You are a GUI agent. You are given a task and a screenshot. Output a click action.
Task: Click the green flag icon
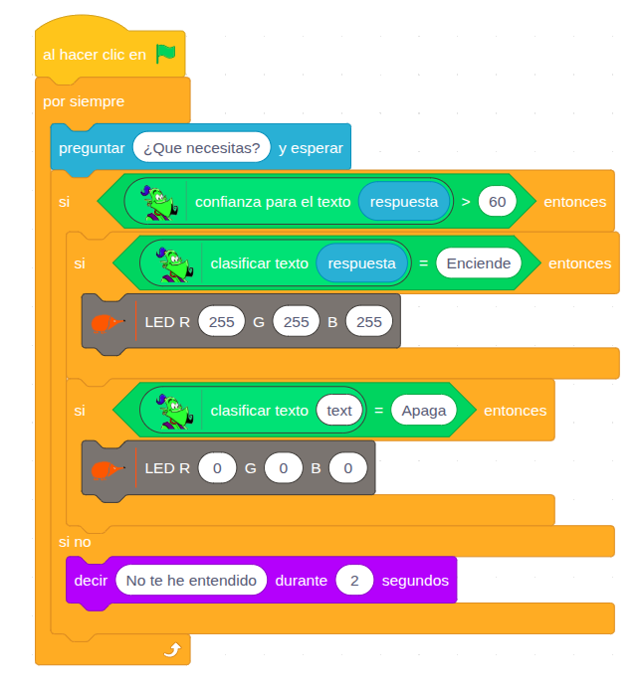[165, 54]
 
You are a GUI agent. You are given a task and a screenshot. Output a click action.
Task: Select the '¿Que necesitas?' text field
[202, 148]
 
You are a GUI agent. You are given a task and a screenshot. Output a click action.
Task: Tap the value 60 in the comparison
[498, 201]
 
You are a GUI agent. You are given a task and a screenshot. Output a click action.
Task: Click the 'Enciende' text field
[479, 263]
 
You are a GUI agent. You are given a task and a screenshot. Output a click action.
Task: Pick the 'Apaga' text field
[424, 411]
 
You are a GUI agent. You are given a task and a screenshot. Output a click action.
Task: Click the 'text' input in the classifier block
[339, 411]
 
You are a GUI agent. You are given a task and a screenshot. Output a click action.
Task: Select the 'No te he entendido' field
[191, 580]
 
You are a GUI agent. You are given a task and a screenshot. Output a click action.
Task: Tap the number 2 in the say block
[353, 580]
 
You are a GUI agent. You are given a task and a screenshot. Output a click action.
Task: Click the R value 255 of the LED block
[222, 321]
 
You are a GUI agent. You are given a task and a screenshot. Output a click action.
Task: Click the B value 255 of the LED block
[369, 321]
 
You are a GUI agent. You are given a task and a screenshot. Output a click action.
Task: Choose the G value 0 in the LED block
[283, 467]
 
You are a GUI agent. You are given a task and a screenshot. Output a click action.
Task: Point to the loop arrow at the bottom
[172, 649]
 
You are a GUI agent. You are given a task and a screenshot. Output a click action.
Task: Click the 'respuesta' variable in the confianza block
[404, 201]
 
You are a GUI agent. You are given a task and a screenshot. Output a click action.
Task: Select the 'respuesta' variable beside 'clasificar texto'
[362, 263]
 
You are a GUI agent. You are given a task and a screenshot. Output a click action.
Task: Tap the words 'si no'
[76, 541]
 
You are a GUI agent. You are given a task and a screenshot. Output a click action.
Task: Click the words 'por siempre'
[84, 101]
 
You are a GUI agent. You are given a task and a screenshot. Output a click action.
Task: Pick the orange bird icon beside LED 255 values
[106, 322]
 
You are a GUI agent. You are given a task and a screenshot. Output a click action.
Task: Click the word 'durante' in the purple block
[301, 580]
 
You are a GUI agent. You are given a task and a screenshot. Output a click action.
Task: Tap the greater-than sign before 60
[466, 201]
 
